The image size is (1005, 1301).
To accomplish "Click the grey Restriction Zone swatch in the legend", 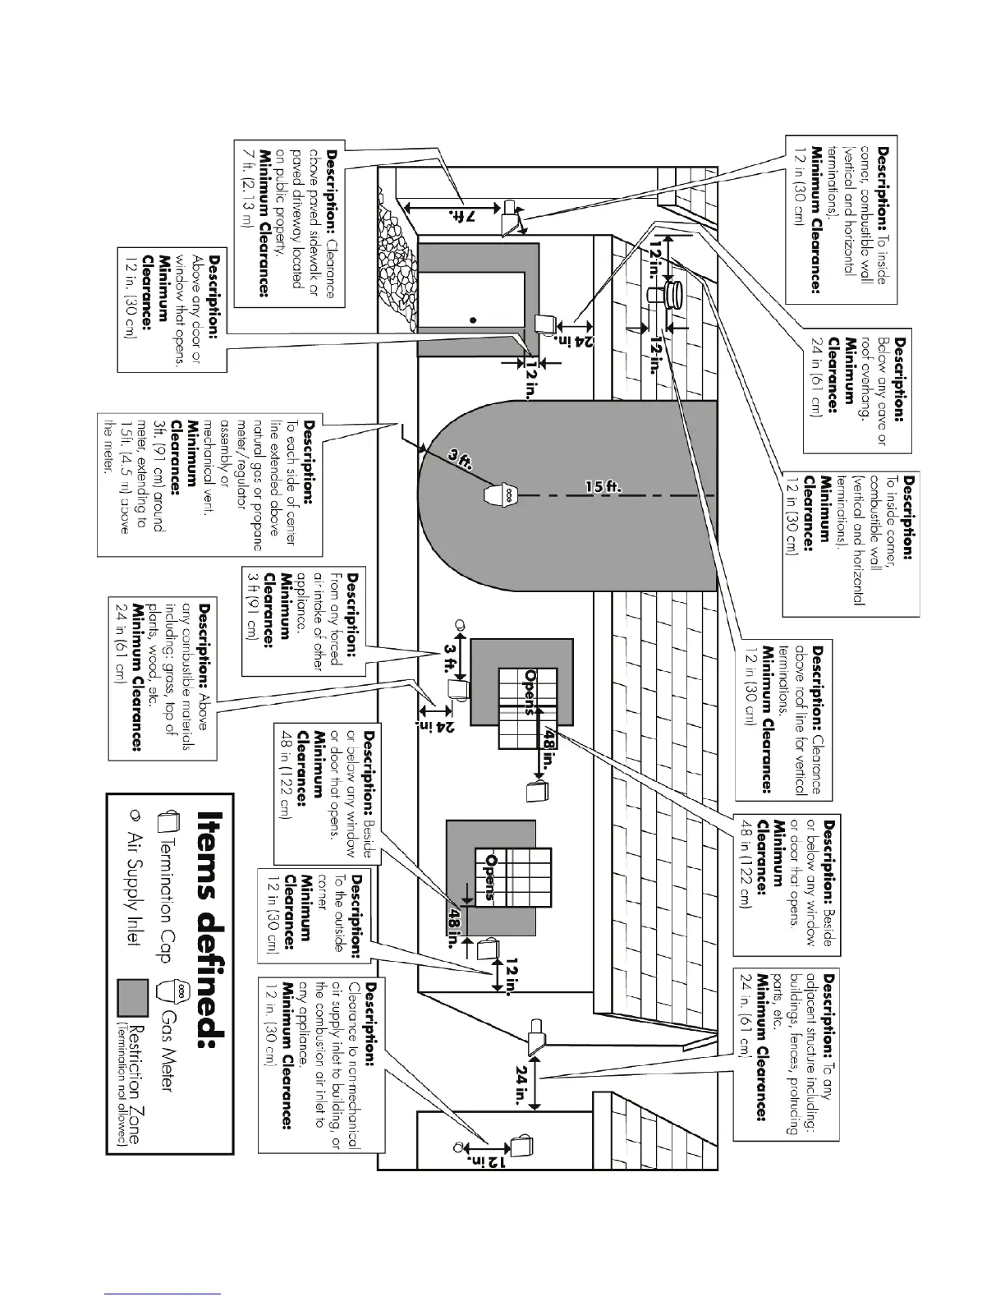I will click(x=132, y=996).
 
